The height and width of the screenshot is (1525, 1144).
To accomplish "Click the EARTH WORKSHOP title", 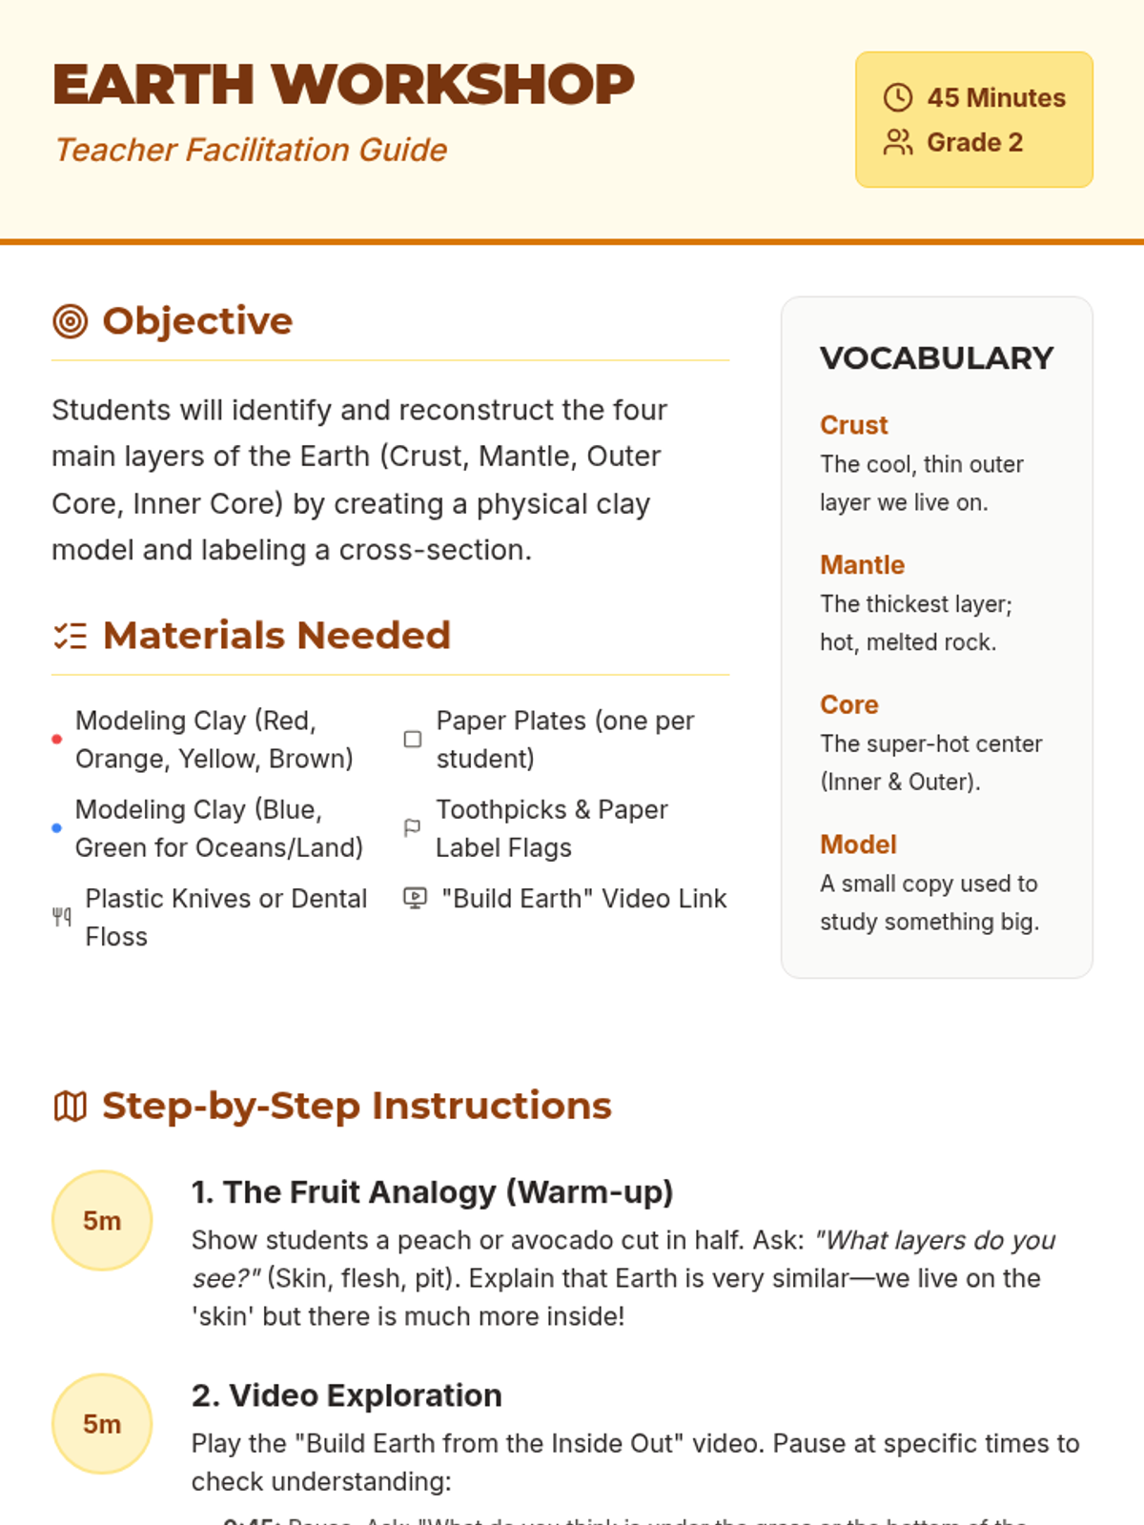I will (x=343, y=84).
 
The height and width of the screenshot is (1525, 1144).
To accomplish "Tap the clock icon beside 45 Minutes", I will (x=897, y=97).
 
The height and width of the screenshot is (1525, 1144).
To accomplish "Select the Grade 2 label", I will (x=974, y=142).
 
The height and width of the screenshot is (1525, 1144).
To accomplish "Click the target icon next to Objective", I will (x=71, y=321).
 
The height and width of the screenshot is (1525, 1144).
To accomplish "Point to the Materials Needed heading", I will (x=276, y=635).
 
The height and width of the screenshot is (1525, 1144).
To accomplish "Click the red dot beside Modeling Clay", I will (x=57, y=739).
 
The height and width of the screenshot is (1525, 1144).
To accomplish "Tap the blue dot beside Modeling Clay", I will (x=57, y=828).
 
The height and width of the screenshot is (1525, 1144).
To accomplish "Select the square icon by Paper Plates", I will (x=413, y=739).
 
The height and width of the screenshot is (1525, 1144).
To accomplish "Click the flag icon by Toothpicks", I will (x=413, y=827).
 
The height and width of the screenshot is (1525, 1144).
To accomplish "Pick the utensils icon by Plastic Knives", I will (x=62, y=917).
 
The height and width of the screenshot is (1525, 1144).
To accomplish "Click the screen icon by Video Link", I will (x=415, y=898).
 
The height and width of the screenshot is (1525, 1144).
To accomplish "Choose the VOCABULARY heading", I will (x=936, y=358).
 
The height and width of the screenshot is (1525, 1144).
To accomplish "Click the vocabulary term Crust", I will (x=853, y=425).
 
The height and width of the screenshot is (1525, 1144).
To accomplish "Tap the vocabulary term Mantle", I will (x=862, y=565).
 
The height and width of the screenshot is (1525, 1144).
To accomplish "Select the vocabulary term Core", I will (x=848, y=704).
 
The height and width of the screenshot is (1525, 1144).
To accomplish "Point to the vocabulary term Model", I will (x=858, y=844).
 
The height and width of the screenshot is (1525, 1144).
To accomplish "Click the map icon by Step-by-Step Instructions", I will (x=71, y=1107).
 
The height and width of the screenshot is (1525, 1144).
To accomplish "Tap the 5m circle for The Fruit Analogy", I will (x=102, y=1220).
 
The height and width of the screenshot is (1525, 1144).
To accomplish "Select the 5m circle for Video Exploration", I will (x=102, y=1424).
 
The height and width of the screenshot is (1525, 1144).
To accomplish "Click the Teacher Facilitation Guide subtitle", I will (x=251, y=150).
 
